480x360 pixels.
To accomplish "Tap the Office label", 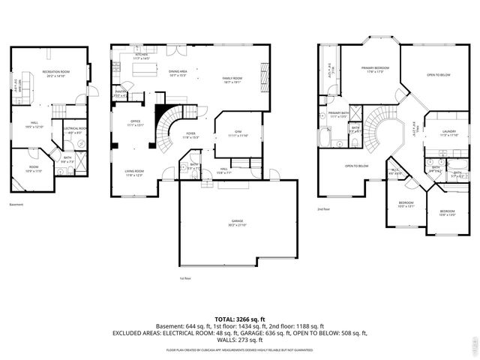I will coord(136,123).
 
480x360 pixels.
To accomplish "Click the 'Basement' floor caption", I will coord(16,205).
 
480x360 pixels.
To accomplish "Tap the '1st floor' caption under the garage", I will coord(186,278).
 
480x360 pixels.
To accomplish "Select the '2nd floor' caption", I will coord(324,208).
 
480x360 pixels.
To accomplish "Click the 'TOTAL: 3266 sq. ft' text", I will coord(240,319).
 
